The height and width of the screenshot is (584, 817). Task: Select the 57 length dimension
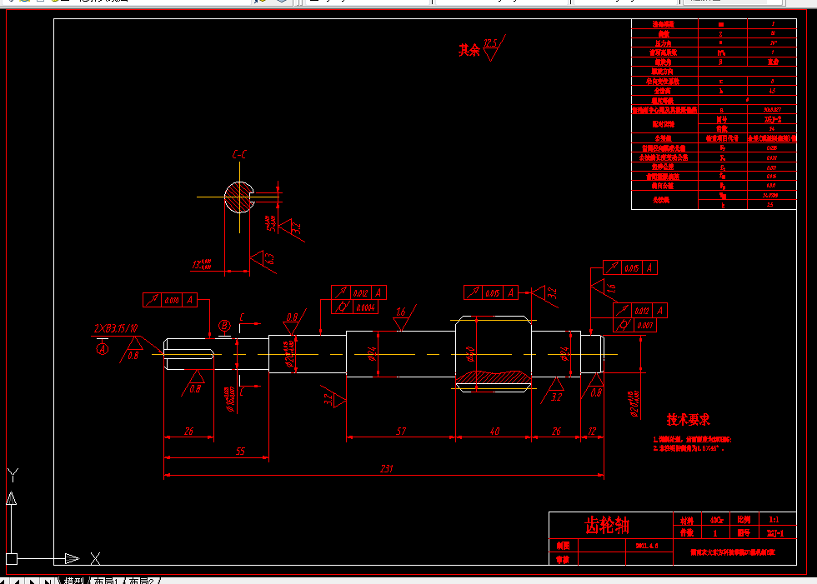pyautogui.click(x=401, y=431)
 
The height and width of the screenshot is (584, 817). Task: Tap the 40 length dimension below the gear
pyautogui.click(x=494, y=431)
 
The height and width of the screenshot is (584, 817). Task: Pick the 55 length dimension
pyautogui.click(x=240, y=451)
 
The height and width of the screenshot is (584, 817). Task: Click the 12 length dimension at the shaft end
pyautogui.click(x=593, y=431)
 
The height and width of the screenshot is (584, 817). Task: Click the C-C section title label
pyautogui.click(x=239, y=154)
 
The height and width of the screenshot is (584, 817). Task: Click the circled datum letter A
pyautogui.click(x=103, y=350)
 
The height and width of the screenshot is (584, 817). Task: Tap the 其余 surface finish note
pyautogui.click(x=469, y=50)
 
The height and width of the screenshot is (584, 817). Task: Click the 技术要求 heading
pyautogui.click(x=688, y=421)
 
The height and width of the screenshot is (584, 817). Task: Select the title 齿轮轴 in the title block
pyautogui.click(x=607, y=525)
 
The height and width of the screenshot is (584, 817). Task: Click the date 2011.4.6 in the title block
pyautogui.click(x=647, y=545)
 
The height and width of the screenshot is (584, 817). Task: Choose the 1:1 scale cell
pyautogui.click(x=774, y=518)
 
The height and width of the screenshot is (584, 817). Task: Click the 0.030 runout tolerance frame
pyautogui.click(x=172, y=299)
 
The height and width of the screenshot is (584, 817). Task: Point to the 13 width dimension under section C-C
pyautogui.click(x=201, y=265)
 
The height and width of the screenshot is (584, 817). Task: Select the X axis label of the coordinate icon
pyautogui.click(x=96, y=558)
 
